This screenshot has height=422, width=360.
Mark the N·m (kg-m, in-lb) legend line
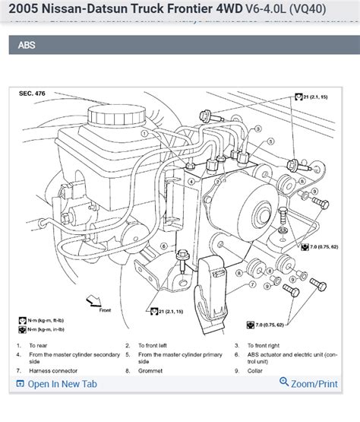tap(47, 330)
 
